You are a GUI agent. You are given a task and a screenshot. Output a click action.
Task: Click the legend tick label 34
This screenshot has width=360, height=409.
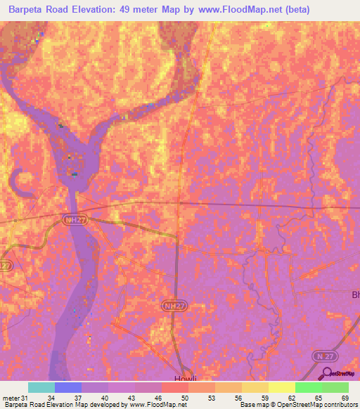(51, 398)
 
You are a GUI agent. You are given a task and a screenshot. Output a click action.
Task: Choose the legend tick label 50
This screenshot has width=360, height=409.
(184, 398)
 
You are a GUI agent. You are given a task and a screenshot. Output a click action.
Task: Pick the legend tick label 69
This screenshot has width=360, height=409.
(344, 398)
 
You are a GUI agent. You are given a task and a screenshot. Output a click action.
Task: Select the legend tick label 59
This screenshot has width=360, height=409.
(264, 398)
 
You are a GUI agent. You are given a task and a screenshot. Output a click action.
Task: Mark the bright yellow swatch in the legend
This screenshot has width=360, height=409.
(282, 387)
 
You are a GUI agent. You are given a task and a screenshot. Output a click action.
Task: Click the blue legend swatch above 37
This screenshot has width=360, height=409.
(68, 387)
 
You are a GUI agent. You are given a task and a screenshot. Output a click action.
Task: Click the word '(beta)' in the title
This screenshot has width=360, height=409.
(295, 11)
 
